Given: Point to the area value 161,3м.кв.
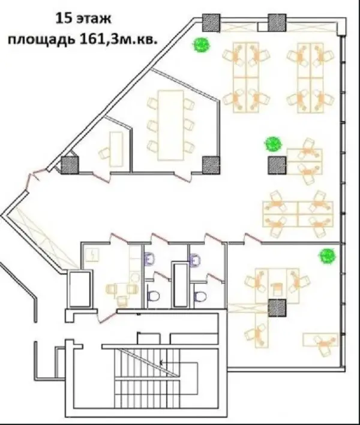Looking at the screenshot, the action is click(x=119, y=40).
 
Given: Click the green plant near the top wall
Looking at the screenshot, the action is click(x=201, y=45).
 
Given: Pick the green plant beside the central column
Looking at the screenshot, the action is click(x=273, y=144).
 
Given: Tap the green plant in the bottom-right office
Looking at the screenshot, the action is click(x=328, y=255).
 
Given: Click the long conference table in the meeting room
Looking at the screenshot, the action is click(x=171, y=125).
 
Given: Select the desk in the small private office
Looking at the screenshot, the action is click(x=116, y=149).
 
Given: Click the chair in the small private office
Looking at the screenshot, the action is click(x=104, y=153).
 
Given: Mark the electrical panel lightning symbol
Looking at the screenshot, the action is click(x=92, y=255).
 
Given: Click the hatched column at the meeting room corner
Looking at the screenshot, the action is click(x=211, y=165).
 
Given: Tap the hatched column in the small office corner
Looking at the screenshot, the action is click(x=70, y=165).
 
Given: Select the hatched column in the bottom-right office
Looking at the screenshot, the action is click(x=277, y=308).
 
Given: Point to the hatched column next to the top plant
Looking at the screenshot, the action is click(x=211, y=23).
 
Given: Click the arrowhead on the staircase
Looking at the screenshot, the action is click(x=161, y=363).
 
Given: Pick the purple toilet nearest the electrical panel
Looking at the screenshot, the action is click(x=149, y=259).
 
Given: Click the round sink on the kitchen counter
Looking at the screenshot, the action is click(x=134, y=277).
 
